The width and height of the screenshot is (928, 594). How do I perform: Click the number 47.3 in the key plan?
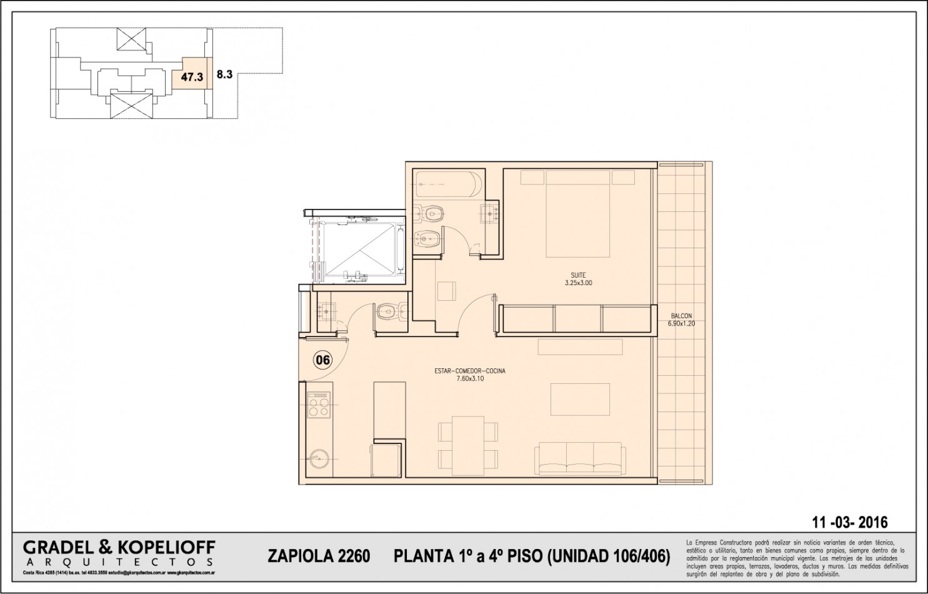point(192,78)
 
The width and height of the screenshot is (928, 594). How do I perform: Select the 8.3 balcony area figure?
point(224,74)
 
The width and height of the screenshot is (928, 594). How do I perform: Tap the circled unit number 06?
point(323,360)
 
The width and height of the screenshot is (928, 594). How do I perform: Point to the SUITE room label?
point(578,275)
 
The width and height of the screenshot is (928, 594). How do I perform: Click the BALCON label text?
point(681,316)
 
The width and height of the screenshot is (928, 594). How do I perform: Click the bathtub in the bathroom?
point(449,184)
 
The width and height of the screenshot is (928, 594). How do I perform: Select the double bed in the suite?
point(577,214)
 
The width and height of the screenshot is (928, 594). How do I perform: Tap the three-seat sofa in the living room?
point(579,460)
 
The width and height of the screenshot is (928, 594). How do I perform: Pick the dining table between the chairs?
point(469,443)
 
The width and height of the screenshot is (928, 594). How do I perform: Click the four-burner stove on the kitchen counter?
point(319,405)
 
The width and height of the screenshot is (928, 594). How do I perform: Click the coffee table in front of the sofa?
point(579,400)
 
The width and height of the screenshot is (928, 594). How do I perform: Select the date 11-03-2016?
point(849,523)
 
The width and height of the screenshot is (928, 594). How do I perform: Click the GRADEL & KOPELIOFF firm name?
point(119,548)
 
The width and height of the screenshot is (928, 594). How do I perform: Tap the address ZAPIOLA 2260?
point(319,556)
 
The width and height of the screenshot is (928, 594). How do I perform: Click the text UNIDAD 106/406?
point(609,556)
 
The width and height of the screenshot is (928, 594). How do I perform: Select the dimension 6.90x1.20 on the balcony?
point(681,324)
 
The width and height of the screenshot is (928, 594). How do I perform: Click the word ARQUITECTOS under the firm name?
point(119,563)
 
